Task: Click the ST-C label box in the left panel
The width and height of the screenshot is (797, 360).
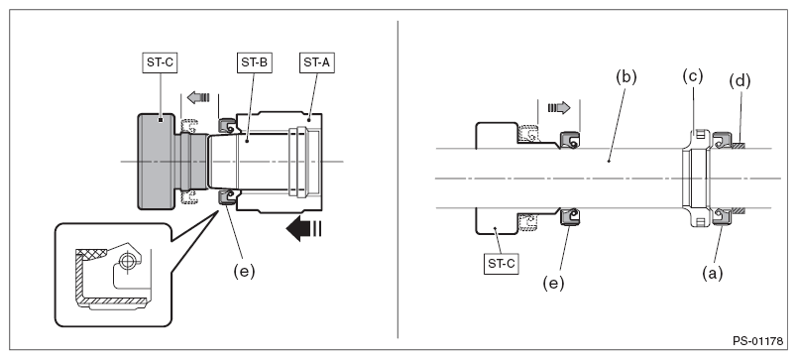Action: click(161, 62)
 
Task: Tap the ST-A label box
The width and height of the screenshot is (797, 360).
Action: click(317, 62)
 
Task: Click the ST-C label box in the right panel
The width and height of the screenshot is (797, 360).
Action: click(502, 264)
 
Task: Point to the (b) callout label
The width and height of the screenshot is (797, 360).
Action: click(626, 76)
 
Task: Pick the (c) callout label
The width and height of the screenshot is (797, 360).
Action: click(692, 76)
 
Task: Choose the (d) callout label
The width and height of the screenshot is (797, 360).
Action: click(740, 81)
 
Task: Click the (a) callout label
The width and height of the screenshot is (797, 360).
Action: click(712, 274)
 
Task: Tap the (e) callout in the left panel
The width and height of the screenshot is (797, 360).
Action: click(244, 271)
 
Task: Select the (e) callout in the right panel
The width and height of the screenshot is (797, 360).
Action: click(553, 283)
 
